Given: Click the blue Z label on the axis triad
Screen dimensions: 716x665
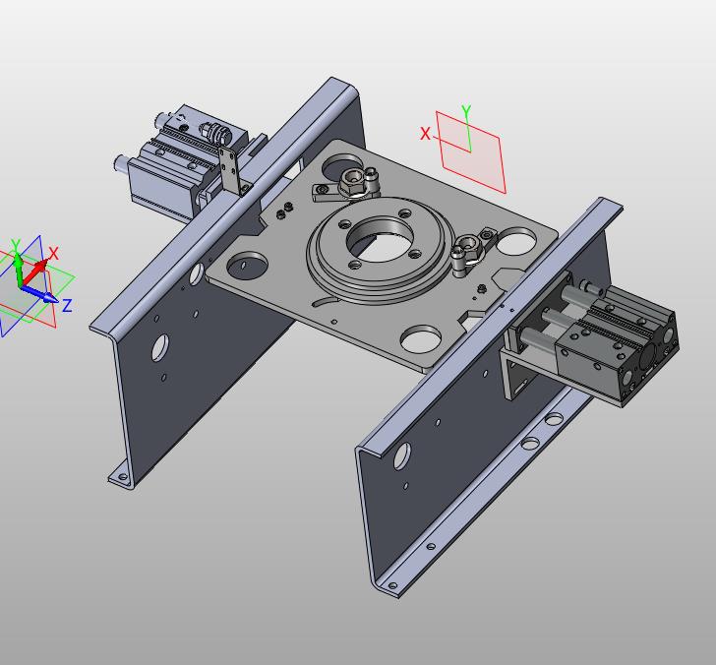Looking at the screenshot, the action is tap(67, 305).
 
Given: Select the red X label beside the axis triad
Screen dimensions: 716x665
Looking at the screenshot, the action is tap(53, 253).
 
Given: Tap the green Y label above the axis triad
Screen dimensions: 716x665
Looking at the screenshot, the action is tap(16, 245).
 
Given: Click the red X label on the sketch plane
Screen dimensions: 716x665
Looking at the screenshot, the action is tap(425, 134).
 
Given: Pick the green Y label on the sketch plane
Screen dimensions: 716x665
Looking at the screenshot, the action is tap(466, 111).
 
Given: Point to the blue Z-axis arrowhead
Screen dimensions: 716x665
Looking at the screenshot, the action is tap(49, 298).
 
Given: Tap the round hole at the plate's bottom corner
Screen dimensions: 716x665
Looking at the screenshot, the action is tap(421, 338).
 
